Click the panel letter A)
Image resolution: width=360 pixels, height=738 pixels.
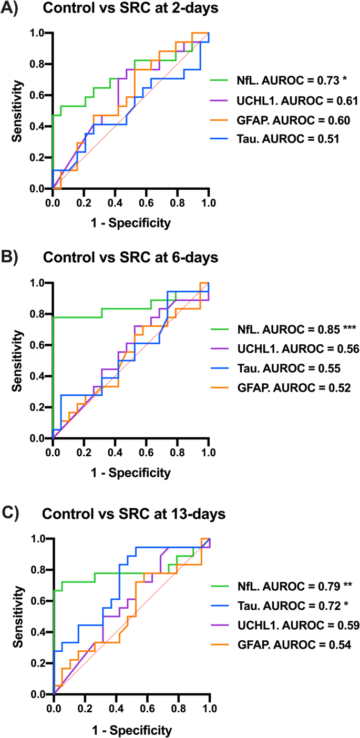11,10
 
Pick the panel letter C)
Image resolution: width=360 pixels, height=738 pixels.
11,513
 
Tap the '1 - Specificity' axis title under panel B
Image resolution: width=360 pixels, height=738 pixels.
131,473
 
